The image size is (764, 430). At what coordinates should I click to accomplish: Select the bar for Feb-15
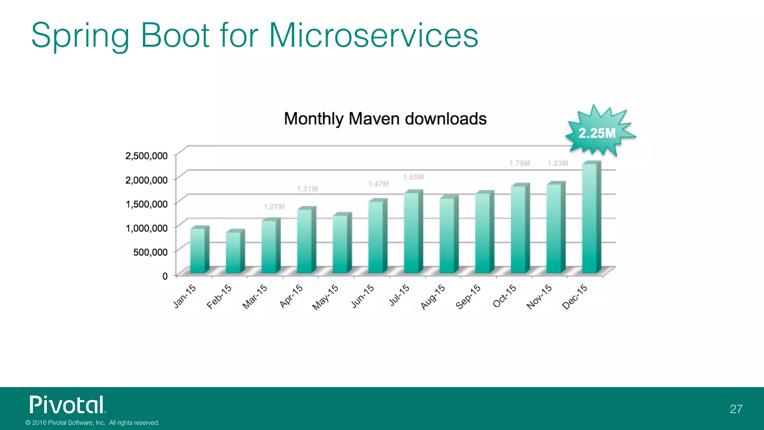(234, 252)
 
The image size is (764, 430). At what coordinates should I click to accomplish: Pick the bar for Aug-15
(448, 235)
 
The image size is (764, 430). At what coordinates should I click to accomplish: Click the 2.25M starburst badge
(598, 133)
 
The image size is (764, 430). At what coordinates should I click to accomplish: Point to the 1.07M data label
(274, 207)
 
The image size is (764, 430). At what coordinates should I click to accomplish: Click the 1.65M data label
(413, 177)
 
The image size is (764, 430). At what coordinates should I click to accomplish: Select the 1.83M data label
(558, 163)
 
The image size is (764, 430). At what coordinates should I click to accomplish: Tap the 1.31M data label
(307, 189)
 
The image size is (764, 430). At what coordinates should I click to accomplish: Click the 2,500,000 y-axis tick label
(146, 156)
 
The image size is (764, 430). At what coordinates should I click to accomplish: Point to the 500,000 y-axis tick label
(150, 252)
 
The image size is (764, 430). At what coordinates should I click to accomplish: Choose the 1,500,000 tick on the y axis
(146, 204)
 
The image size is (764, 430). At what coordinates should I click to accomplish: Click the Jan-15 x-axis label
(185, 296)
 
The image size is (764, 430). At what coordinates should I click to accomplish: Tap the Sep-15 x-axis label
(468, 297)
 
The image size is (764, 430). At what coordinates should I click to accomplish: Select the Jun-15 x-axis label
(363, 296)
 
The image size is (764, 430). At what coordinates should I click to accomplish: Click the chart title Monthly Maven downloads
(385, 119)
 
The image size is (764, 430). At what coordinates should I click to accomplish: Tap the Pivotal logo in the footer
(68, 405)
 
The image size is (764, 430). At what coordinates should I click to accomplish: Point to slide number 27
(736, 409)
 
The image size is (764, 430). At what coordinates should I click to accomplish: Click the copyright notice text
(92, 423)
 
